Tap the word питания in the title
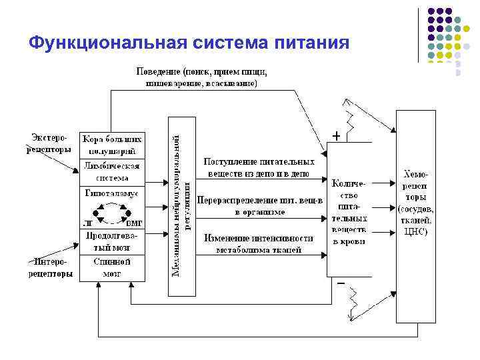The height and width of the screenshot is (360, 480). (311, 43)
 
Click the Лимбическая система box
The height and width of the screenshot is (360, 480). (112, 171)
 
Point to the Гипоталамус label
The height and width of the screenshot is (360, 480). (112, 193)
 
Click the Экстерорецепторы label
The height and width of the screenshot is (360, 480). (49, 144)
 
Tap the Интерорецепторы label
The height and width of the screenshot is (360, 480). (51, 268)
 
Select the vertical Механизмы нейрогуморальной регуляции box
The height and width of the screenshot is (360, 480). (181, 205)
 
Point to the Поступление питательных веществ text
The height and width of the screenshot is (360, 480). (259, 167)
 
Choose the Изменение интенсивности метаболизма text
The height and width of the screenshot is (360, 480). (259, 244)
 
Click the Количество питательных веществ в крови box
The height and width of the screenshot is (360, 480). (349, 211)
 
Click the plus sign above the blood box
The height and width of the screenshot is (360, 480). (337, 135)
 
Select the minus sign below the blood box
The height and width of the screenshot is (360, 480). (341, 283)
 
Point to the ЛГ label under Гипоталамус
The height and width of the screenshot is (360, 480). (88, 224)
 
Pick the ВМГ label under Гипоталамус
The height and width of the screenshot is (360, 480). (134, 224)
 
